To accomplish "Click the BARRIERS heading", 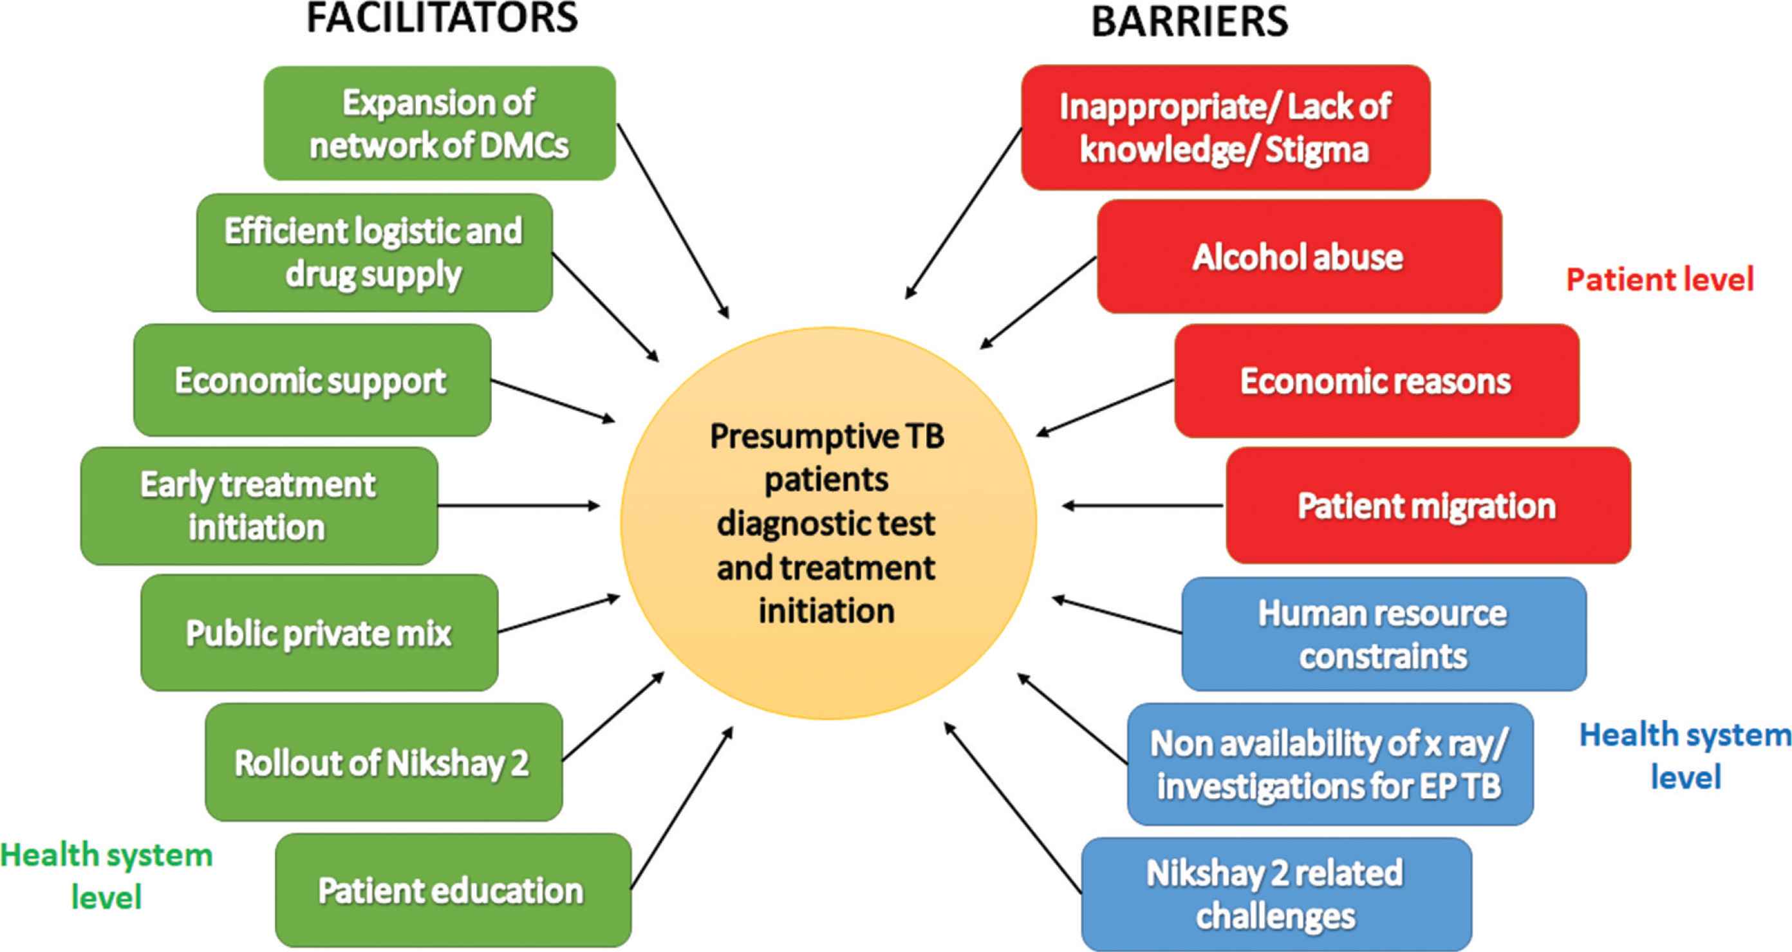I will [1189, 21].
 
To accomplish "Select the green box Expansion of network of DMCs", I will [439, 123].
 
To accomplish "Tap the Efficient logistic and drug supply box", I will [374, 252].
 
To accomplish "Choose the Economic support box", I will [312, 380].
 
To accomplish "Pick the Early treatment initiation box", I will [259, 506].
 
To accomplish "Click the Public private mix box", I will [319, 633].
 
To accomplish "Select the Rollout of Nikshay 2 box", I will [383, 762].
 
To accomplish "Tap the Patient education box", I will [453, 890].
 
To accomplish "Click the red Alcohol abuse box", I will [1299, 257].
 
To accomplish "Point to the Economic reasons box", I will [1376, 381].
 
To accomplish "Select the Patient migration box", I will [1428, 506].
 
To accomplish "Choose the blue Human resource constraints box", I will [1383, 634].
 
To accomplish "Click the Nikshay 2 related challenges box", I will [1276, 894].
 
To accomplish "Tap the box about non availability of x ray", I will [1329, 764].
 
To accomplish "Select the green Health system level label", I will [106, 875].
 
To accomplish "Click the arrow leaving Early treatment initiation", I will [518, 506].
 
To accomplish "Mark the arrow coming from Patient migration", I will [1143, 506].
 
